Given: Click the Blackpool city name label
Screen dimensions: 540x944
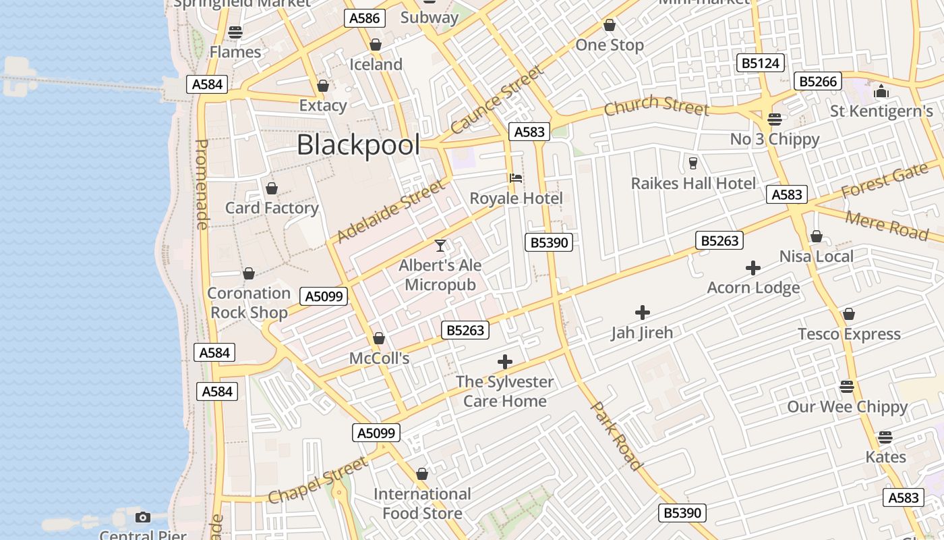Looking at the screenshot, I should click(358, 145).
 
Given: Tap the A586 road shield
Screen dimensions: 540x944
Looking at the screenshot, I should click(365, 18).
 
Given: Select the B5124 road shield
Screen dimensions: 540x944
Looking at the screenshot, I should click(761, 63).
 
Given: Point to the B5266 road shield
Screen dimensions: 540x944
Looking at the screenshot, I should click(818, 82).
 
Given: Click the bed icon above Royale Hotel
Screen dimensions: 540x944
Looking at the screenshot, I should click(516, 178).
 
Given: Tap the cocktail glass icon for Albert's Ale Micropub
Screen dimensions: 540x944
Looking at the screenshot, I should click(440, 246).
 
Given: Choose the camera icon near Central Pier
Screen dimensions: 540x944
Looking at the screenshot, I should click(143, 517).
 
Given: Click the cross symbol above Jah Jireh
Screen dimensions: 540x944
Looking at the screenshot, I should click(643, 313).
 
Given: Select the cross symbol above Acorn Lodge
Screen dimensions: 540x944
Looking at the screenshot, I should click(753, 268).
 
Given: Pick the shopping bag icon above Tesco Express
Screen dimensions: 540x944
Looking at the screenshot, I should click(849, 315).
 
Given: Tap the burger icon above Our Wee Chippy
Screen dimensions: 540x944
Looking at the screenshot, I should click(847, 387).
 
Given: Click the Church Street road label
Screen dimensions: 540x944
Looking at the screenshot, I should click(656, 106).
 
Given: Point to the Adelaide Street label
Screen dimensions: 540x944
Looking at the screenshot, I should click(391, 210).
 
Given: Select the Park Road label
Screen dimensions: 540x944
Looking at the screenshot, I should click(616, 435).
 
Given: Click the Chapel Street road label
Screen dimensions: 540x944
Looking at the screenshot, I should click(318, 480).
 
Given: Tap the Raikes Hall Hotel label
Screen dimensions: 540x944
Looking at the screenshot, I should click(693, 184).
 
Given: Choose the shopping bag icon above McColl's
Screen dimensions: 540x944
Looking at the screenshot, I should click(379, 338).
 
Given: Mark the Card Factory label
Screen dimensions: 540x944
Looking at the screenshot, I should click(272, 208).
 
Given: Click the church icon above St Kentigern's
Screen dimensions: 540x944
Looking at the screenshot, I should click(881, 91).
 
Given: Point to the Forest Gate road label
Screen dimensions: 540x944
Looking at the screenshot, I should click(884, 181).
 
